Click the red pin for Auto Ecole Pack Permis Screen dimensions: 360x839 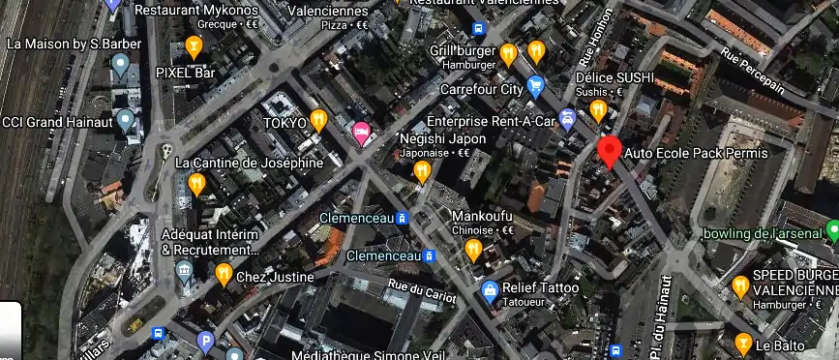pos(609,151)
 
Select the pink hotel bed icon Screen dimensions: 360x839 pos(363,134)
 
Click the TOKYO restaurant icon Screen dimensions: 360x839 pos(319,121)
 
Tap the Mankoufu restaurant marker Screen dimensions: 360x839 pos(473,250)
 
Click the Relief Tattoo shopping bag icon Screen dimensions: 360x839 pos(491,288)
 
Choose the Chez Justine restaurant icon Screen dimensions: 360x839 pos(224,274)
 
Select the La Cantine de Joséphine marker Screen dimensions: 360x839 pos(196,182)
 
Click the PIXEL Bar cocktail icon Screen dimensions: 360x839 pos(194,45)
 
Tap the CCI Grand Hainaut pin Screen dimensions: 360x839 pos(125,121)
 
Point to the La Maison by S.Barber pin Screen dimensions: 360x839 pos(121,65)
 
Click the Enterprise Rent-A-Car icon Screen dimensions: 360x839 pos(568,120)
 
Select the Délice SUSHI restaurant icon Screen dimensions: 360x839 pos(598,109)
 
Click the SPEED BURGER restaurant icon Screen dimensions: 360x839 pos(741,285)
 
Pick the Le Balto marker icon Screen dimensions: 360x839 pos(743,342)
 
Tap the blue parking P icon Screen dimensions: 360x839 pos(204,340)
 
